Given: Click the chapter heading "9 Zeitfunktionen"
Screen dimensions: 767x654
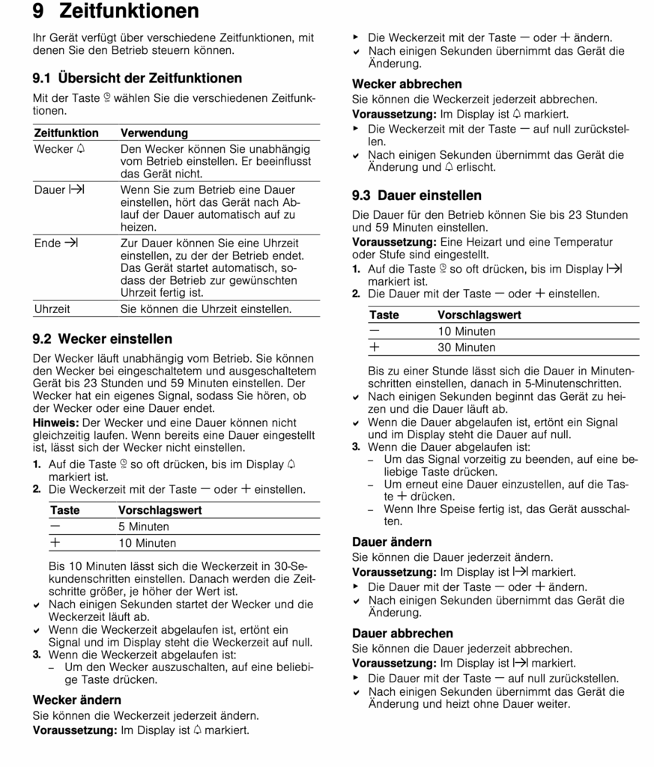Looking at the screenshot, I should (x=116, y=12).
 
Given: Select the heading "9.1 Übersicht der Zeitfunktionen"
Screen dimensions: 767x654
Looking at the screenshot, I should (x=137, y=78).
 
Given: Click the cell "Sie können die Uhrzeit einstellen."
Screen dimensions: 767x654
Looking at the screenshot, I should (x=206, y=308).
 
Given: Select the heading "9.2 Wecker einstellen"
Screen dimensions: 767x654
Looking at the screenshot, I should (x=103, y=339).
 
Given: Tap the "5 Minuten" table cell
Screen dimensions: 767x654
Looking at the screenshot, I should (x=144, y=527).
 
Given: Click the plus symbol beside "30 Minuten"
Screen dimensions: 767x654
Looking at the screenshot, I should (x=375, y=348).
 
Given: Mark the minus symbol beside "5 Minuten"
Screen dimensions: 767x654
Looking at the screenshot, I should (x=55, y=527).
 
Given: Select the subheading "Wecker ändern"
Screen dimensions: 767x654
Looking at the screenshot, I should (x=77, y=700).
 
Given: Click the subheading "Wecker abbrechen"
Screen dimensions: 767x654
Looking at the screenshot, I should (x=407, y=84).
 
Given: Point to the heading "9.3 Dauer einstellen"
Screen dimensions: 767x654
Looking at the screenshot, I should (x=417, y=195).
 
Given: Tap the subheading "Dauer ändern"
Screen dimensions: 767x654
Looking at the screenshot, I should (x=392, y=542).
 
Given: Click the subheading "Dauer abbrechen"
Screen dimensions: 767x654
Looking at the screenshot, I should (x=402, y=633).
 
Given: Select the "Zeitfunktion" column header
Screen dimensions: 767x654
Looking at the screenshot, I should (x=67, y=133).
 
